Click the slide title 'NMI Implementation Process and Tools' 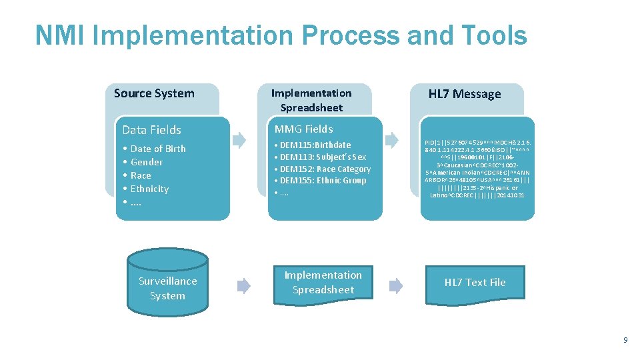pos(281,36)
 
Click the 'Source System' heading pos(154,93)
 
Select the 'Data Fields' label pos(152,130)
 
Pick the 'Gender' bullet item pos(147,162)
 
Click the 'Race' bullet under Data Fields pos(141,175)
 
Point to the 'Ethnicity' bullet pos(149,189)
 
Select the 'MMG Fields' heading pos(303,129)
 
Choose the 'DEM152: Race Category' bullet pos(325,169)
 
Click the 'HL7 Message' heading pos(465,94)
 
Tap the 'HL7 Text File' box pos(475,283)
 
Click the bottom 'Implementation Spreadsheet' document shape pos(323,283)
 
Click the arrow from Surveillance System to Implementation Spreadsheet pos(244,285)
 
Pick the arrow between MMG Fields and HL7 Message pos(393,140)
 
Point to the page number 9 pos(625,340)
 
